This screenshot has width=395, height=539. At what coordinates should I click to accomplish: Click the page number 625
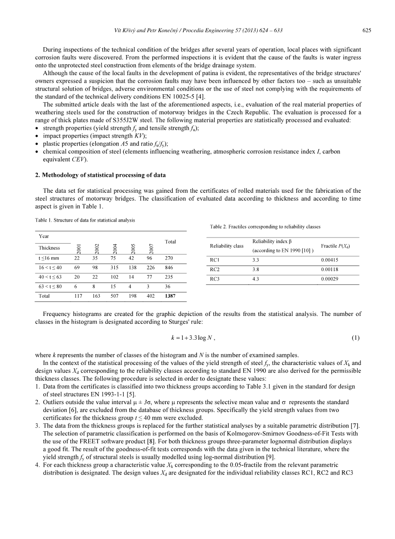[367, 31]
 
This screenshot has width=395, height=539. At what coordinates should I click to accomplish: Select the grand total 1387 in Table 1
[170, 296]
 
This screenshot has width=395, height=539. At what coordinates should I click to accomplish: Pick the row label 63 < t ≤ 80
[50, 286]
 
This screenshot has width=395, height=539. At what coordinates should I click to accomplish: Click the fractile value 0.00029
[330, 279]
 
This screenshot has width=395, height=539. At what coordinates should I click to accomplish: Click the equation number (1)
[356, 337]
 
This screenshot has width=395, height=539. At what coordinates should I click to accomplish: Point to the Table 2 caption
[265, 227]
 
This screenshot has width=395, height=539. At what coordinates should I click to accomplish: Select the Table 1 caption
[85, 220]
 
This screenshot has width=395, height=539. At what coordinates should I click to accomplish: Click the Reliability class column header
[227, 246]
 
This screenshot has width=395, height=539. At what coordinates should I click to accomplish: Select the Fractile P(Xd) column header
[336, 246]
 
